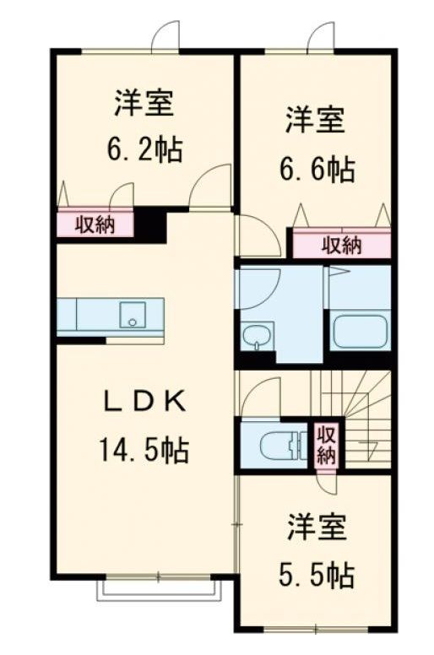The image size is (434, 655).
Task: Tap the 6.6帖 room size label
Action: (x=317, y=168)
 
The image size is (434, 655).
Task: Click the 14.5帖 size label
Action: (x=144, y=449)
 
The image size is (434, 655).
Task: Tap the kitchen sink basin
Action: (x=133, y=315)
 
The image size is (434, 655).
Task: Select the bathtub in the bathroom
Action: (x=360, y=332)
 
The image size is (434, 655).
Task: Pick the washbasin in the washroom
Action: (x=257, y=337)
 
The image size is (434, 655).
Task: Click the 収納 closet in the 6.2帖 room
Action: (x=95, y=225)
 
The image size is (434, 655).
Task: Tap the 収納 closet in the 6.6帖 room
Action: (x=341, y=246)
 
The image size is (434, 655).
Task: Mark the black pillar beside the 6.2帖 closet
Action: (x=149, y=225)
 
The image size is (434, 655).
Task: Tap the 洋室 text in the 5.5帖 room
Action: (x=316, y=527)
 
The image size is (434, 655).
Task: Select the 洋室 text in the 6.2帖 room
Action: (x=144, y=102)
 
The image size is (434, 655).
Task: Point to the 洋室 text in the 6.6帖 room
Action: (x=316, y=121)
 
